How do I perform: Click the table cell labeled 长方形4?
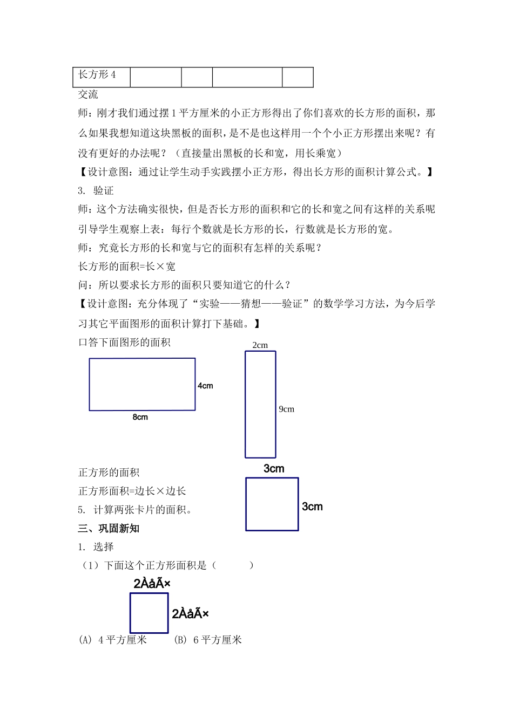pos(98,75)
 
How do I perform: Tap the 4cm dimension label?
pos(205,386)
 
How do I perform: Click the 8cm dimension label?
pos(140,417)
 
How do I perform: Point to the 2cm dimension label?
pos(260,345)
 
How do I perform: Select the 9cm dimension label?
pos(287,409)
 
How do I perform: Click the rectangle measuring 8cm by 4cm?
pos(142,384)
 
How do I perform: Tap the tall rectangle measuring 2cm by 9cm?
pos(260,405)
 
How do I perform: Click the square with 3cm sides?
pos(272,504)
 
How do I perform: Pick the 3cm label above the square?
pos(274,469)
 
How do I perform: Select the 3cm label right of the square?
pos(312,507)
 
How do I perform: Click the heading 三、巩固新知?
pos(109,529)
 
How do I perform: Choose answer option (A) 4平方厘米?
pos(113,640)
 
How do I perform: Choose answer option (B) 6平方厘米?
pos(208,640)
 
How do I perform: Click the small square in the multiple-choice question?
pos(149,613)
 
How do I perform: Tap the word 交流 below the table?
pos(89,94)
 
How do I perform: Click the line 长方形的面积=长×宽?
pos(127,266)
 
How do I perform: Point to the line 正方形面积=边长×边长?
pos(132,491)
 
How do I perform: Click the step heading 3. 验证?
pos(96,191)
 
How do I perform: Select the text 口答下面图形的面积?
pos(125,342)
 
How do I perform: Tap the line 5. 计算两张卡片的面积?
pos(136,510)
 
